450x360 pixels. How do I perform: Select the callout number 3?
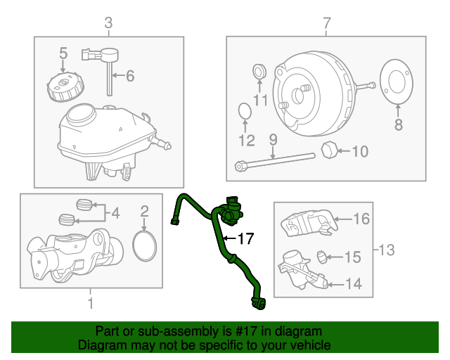[108, 25]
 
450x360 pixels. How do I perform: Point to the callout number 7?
[326, 25]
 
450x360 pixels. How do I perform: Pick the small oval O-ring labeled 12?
[245, 111]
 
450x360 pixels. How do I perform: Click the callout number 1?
[90, 304]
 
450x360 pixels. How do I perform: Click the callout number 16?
[361, 219]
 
